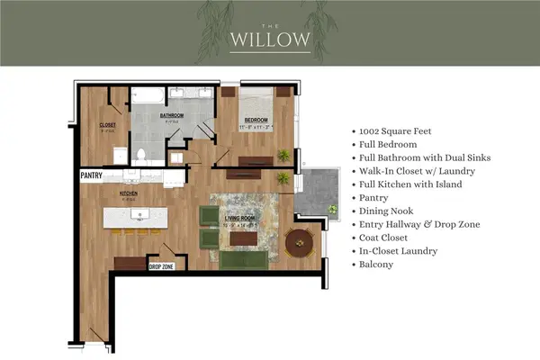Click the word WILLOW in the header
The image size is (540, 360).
(x=270, y=40)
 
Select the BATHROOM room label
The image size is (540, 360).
(x=172, y=116)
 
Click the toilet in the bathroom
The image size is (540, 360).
(x=140, y=154)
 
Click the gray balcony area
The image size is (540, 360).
(x=314, y=193)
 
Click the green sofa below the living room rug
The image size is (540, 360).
(x=243, y=259)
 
